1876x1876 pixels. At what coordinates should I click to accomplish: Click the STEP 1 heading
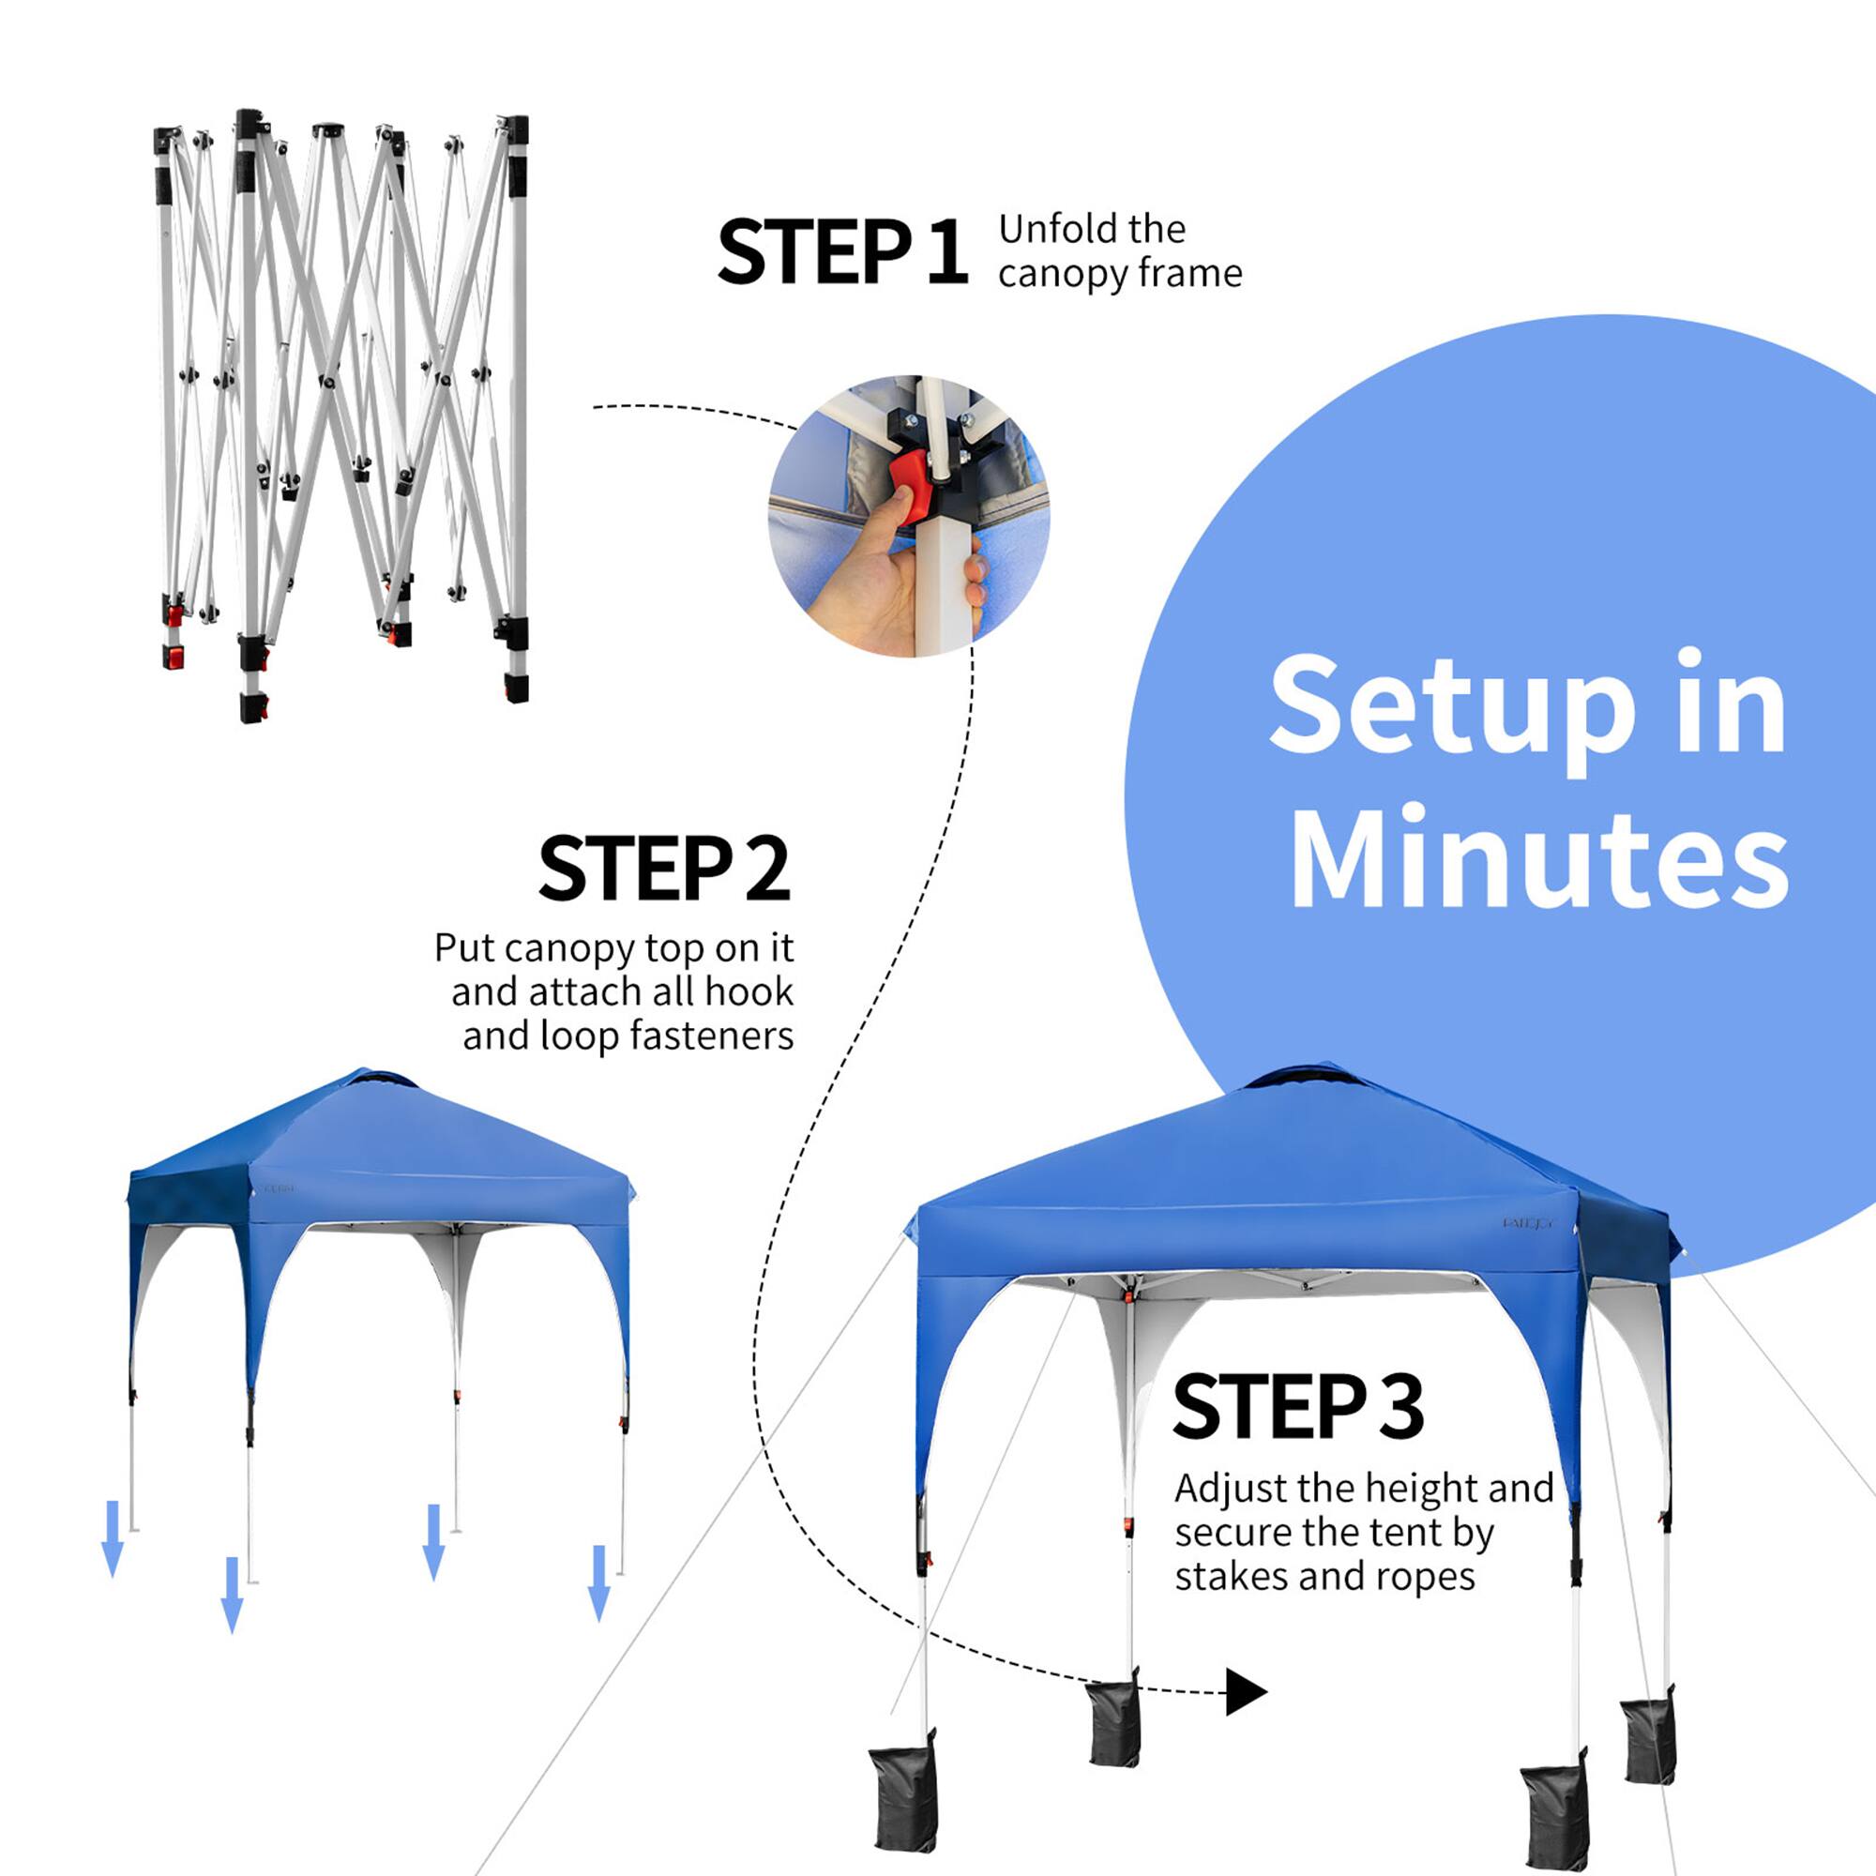point(840,252)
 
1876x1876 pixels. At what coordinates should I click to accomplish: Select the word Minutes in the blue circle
point(1539,857)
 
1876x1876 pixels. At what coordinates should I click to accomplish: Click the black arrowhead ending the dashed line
point(1244,1692)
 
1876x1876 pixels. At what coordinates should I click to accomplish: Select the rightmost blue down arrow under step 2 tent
point(599,1583)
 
